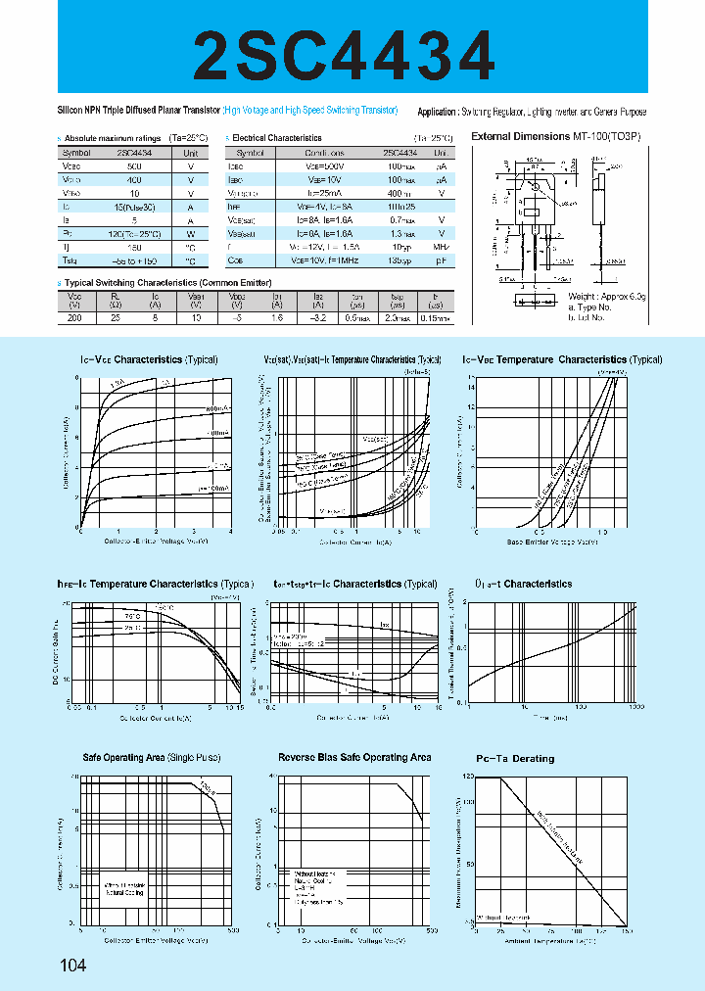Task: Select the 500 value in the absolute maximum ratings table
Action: [x=134, y=167]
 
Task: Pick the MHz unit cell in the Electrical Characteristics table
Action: [x=442, y=248]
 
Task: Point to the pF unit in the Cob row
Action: [x=442, y=261]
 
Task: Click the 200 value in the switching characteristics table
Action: [x=74, y=318]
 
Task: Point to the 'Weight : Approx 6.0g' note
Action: [x=607, y=296]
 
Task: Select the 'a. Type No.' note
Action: [x=590, y=307]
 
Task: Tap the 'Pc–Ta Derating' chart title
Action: [x=515, y=759]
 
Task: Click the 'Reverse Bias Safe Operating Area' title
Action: [x=354, y=758]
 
